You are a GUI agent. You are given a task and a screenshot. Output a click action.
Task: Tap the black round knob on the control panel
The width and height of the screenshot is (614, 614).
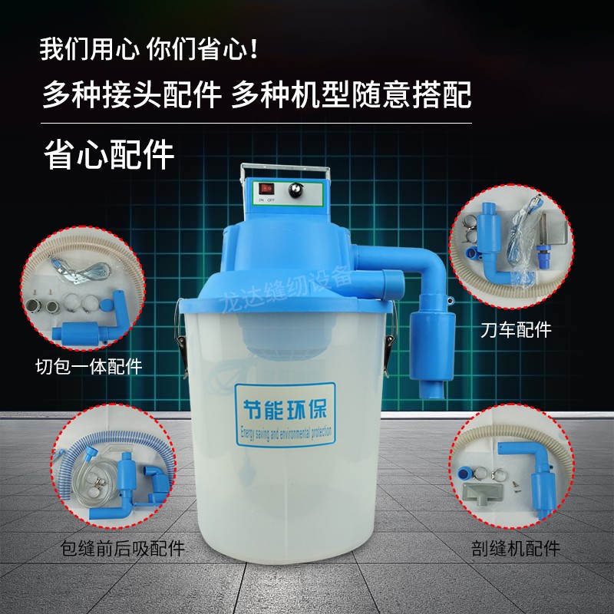click(x=294, y=189)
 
